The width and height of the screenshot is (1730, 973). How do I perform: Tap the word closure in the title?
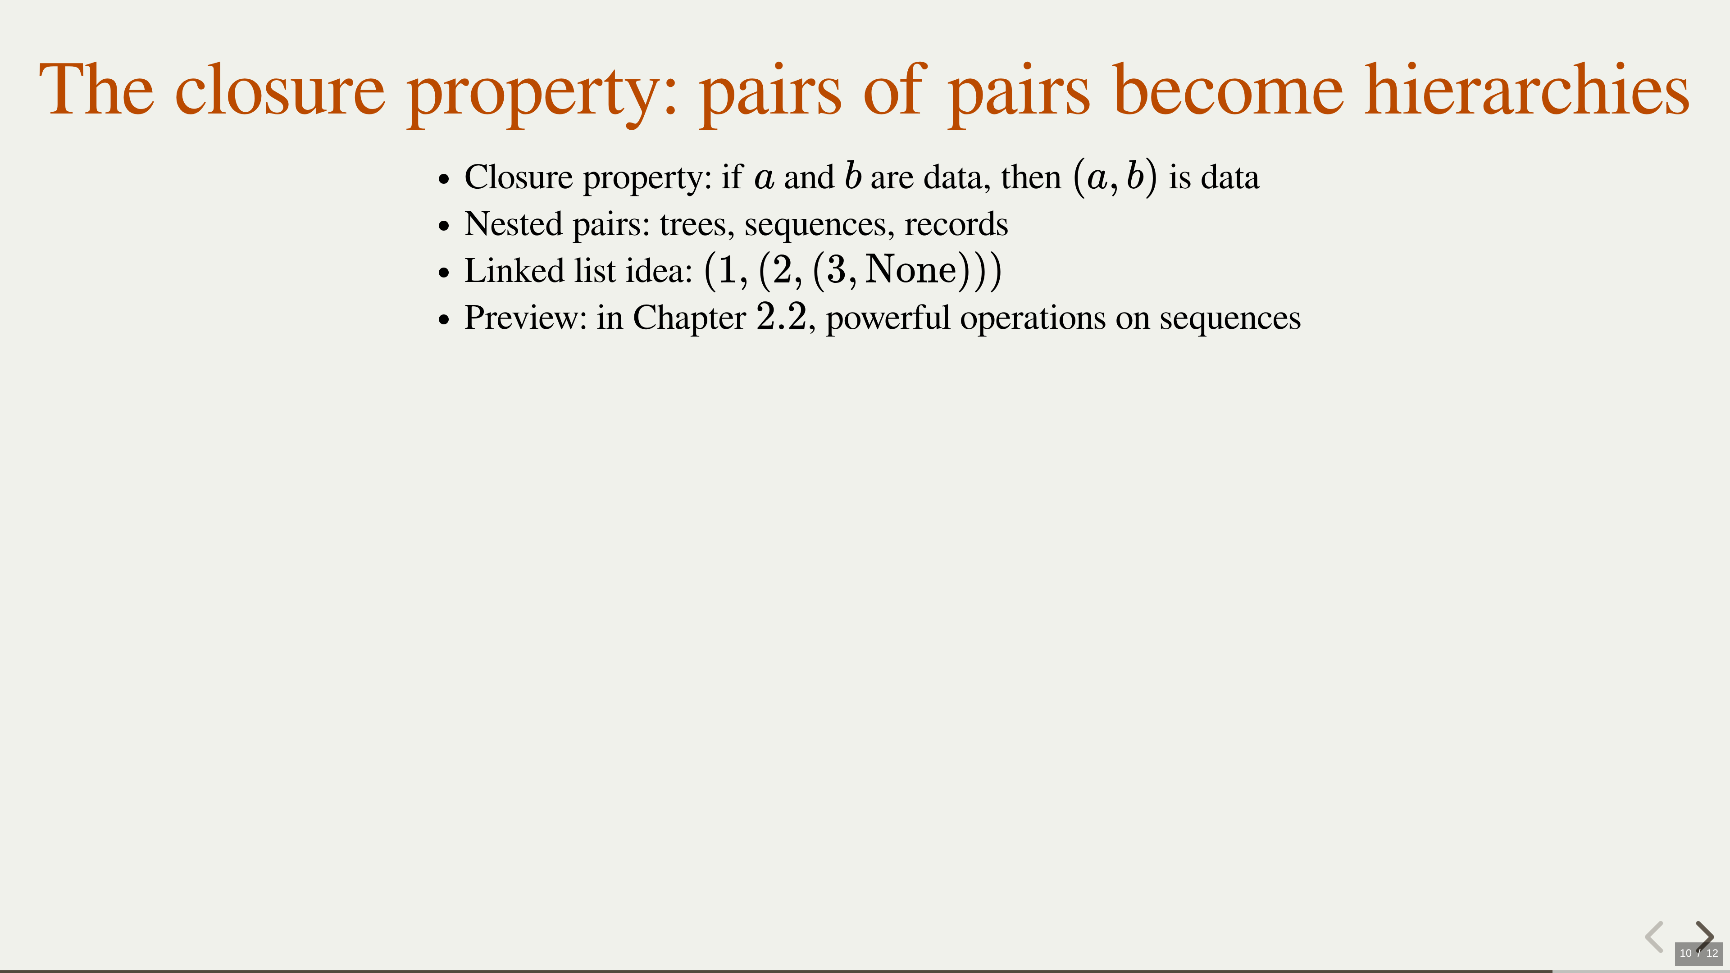[x=280, y=90]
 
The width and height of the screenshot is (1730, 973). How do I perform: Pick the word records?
[x=956, y=224]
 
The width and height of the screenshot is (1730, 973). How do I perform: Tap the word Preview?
[x=526, y=318]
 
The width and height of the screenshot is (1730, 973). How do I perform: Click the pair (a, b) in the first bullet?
[x=1115, y=177]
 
